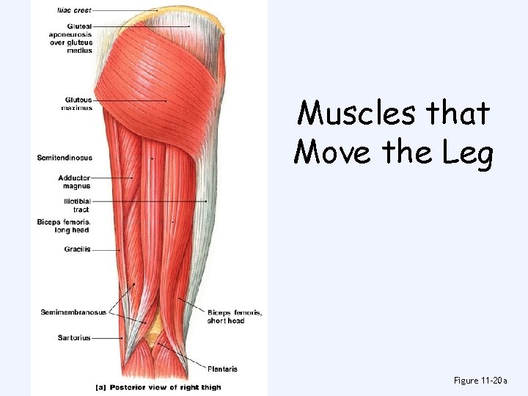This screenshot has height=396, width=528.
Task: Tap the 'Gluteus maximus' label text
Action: pos(78,103)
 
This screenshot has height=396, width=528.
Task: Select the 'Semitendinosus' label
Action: pos(65,157)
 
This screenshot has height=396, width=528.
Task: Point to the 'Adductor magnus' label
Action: pos(75,181)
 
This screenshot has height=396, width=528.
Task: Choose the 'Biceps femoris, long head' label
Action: pos(64,225)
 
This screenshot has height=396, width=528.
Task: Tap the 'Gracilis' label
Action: pos(78,249)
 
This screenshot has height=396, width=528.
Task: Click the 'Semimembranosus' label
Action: pos(73,312)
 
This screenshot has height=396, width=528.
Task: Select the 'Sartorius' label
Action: pos(74,338)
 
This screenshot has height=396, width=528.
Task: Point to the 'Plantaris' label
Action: pos(222,369)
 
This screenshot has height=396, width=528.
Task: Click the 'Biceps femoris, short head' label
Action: pos(235,316)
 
